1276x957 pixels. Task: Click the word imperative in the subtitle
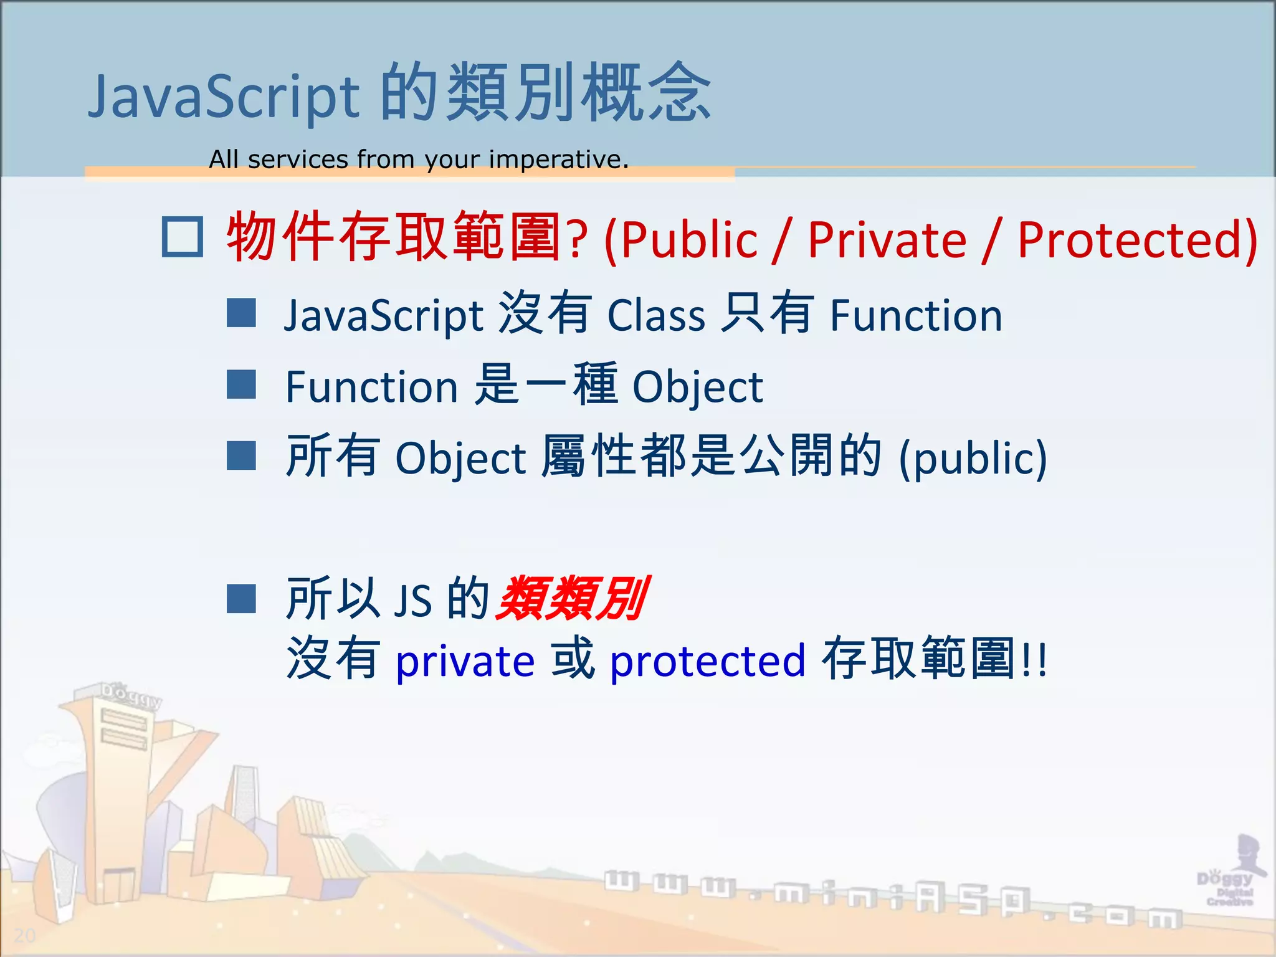558,159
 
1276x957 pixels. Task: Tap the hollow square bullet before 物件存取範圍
182,237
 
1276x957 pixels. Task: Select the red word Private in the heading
887,240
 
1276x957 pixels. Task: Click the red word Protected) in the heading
1138,240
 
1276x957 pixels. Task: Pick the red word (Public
680,240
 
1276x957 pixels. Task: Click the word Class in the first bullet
655,315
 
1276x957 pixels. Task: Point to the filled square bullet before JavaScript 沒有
241,313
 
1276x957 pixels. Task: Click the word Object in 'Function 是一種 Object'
697,388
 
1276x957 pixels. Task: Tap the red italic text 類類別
572,599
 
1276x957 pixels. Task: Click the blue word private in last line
465,661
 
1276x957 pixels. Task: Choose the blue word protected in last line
707,661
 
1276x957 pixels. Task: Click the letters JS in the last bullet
412,601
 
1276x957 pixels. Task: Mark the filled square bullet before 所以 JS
241,599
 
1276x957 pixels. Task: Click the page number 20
25,935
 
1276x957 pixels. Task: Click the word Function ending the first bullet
916,315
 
